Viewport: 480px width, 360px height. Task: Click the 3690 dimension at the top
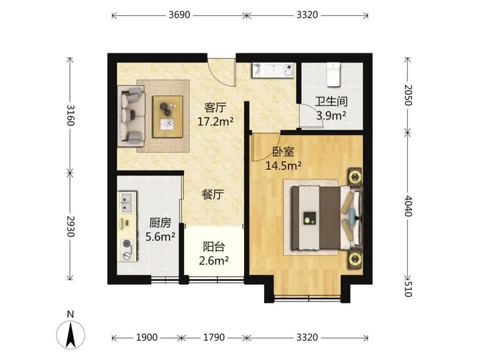[x=179, y=14]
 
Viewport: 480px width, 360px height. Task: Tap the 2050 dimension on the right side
[x=408, y=95]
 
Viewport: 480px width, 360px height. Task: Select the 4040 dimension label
[x=408, y=205]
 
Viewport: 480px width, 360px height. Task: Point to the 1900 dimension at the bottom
[x=146, y=337]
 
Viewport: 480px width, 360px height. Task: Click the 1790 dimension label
[x=214, y=337]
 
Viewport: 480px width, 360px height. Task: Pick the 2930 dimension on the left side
[x=70, y=226]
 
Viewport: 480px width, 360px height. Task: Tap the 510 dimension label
[x=408, y=289]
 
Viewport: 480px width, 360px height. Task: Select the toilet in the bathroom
[x=333, y=74]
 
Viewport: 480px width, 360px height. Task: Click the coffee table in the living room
[x=168, y=116]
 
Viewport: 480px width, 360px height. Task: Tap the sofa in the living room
[x=131, y=116]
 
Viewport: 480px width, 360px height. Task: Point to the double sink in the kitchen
[x=126, y=202]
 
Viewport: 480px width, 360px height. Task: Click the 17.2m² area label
[x=215, y=121]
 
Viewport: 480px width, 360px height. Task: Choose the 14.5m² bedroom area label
[x=283, y=165]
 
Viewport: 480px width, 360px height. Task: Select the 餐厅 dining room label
[x=213, y=194]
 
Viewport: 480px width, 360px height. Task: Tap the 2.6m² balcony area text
[x=213, y=261]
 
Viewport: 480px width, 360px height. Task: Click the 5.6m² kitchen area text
[x=160, y=236]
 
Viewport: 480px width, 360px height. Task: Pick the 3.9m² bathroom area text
[x=331, y=115]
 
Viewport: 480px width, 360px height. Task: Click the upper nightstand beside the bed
[x=355, y=176]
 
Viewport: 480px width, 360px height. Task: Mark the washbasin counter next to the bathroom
[x=273, y=70]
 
